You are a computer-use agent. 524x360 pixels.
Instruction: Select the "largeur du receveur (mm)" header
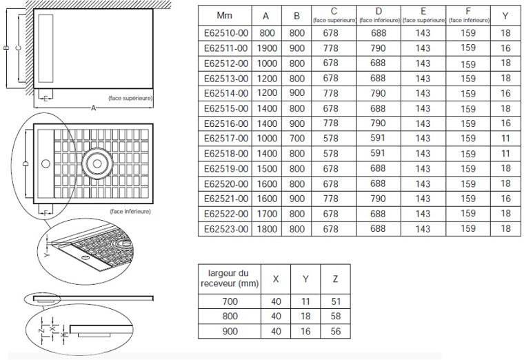coord(223,279)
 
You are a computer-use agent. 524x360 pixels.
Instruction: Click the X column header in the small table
coord(276,279)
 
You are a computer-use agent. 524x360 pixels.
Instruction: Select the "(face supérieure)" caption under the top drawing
coord(131,98)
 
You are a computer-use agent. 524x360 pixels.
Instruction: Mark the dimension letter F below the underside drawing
coord(46,213)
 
